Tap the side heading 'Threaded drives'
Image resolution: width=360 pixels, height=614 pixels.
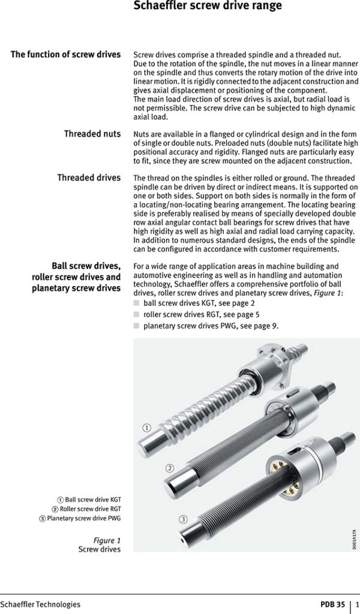[88, 177]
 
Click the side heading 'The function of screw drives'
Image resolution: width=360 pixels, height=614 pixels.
[65, 55]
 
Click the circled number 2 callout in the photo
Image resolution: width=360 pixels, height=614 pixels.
[170, 468]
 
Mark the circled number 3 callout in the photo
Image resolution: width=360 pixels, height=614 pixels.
[184, 518]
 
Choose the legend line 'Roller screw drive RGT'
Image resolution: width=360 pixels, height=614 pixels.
[86, 508]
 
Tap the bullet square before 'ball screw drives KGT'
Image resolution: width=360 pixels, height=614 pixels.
[136, 304]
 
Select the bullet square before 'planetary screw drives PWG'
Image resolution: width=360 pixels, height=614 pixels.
[136, 326]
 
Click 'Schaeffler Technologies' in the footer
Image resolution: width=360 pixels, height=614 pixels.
[40, 604]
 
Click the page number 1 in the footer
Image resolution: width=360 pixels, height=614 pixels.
[356, 604]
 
